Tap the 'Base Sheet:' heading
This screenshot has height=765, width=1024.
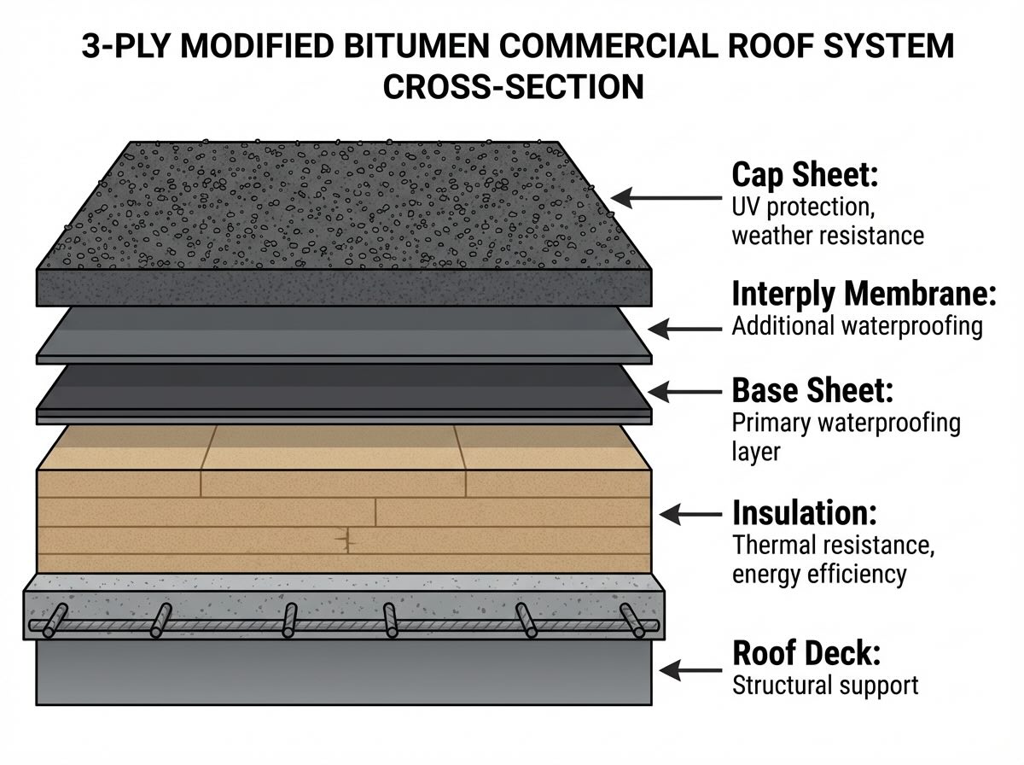[812, 391]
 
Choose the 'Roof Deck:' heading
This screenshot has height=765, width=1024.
[806, 654]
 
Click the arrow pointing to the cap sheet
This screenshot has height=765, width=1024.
[666, 198]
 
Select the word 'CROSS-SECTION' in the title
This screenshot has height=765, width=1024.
[513, 87]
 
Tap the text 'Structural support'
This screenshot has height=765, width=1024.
[824, 685]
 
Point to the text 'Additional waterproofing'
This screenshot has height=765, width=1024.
[857, 326]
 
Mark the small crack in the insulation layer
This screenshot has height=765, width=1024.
[346, 540]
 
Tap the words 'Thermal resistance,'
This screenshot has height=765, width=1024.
[833, 545]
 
